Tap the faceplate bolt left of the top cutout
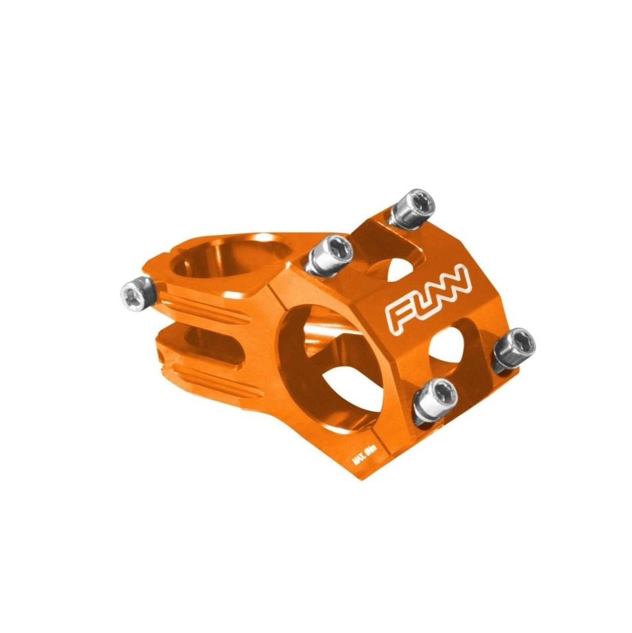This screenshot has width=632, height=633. coord(330,254)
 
